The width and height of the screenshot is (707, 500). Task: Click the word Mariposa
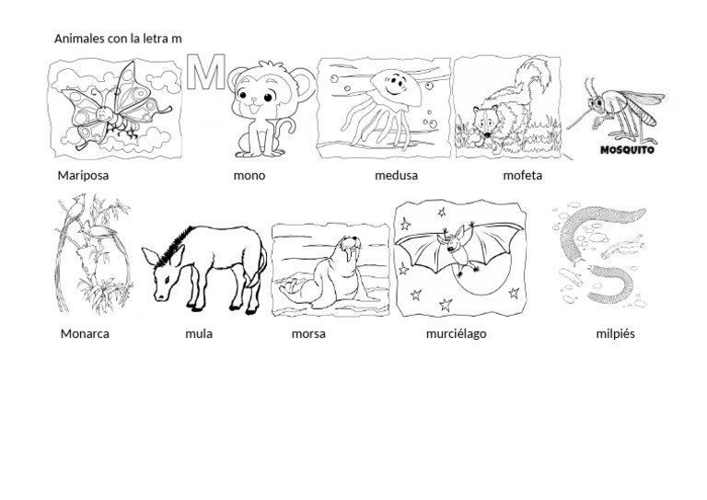click(83, 176)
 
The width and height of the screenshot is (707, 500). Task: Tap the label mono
click(249, 176)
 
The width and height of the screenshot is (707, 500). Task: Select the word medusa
click(397, 175)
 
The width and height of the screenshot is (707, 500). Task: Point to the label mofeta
click(523, 175)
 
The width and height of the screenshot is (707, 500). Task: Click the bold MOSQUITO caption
click(627, 150)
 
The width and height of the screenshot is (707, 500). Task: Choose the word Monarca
click(85, 334)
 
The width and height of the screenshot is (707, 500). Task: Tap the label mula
click(199, 334)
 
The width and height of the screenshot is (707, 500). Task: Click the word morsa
click(308, 334)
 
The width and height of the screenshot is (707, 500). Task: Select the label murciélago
click(457, 334)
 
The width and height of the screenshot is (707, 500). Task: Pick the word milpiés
click(616, 334)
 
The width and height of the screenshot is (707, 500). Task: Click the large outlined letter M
click(206, 72)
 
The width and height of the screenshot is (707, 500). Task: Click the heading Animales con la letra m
click(118, 39)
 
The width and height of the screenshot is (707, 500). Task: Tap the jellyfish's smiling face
click(395, 85)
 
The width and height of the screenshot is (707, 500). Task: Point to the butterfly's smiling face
click(104, 113)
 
